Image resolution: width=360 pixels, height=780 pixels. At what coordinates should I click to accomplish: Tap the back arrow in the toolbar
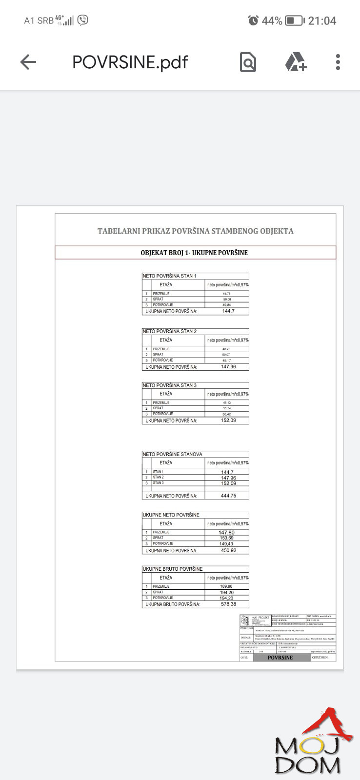point(28,62)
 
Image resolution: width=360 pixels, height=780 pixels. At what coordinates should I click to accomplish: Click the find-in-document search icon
point(248,62)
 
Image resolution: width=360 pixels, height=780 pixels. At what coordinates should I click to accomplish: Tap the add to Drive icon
point(296,62)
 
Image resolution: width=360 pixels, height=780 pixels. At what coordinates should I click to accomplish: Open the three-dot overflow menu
point(338,62)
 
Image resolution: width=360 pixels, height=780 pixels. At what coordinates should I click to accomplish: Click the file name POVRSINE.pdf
point(130,62)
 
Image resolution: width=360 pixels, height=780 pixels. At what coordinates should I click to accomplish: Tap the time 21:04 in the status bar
point(322,21)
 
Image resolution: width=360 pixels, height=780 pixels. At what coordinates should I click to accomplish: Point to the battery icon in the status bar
point(294,21)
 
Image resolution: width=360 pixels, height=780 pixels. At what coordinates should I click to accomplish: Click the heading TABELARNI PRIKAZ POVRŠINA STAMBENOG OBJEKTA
point(195,231)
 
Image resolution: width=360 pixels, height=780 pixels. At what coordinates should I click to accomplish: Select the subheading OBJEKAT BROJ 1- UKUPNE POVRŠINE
point(194,253)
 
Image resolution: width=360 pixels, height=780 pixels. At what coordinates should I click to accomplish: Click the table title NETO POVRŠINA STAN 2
point(169,331)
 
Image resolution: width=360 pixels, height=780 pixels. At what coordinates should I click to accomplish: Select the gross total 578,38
point(228,604)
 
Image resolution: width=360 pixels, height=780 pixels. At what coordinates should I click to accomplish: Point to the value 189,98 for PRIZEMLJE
point(226,586)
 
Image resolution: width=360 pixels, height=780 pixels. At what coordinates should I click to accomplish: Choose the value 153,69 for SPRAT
point(226,538)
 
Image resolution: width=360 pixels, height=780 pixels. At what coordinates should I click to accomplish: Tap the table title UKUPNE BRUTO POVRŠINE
point(172,569)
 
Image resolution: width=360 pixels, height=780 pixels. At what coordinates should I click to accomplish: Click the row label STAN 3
point(158,483)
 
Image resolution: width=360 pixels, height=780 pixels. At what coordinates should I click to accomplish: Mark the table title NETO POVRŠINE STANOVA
point(172,454)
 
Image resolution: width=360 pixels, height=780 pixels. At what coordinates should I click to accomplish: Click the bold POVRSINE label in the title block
point(280,658)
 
